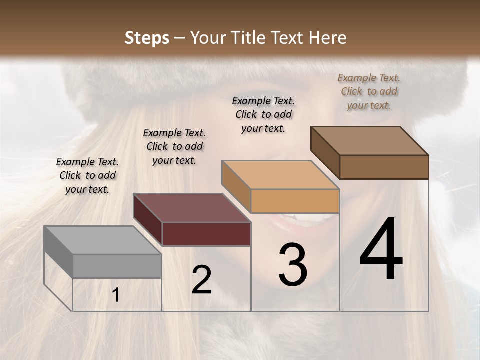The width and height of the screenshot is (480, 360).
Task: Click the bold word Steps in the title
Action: click(x=147, y=38)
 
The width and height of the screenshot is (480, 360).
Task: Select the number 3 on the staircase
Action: click(x=292, y=265)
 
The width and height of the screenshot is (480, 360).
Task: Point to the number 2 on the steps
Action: click(x=201, y=280)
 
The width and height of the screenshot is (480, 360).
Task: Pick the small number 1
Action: click(x=115, y=295)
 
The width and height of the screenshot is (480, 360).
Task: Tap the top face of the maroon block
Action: click(x=192, y=208)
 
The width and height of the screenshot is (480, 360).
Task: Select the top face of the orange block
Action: click(x=280, y=175)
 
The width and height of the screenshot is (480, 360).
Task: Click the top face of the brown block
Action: click(x=369, y=141)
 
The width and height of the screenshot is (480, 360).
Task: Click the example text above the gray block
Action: click(x=87, y=175)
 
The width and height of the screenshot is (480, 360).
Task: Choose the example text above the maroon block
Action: click(x=174, y=146)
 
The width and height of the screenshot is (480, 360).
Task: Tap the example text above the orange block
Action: click(x=263, y=114)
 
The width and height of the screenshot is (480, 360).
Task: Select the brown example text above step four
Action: click(x=369, y=91)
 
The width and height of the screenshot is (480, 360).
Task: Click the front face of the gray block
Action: click(x=117, y=266)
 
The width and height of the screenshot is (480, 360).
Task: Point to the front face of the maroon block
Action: click(x=206, y=234)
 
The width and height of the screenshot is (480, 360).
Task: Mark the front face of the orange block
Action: click(x=295, y=201)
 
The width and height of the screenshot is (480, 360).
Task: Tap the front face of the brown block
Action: click(x=384, y=167)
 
